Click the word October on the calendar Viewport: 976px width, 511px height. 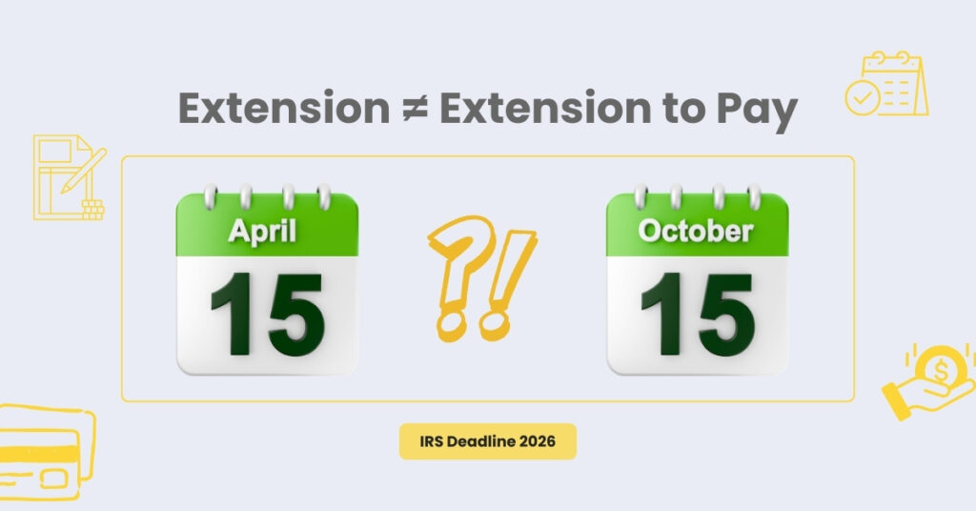tap(696, 231)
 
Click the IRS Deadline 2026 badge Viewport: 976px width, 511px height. tap(487, 441)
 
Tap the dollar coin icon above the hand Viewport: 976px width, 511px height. tap(941, 366)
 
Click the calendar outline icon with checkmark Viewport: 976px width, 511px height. tap(886, 86)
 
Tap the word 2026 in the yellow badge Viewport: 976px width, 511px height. tap(543, 441)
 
